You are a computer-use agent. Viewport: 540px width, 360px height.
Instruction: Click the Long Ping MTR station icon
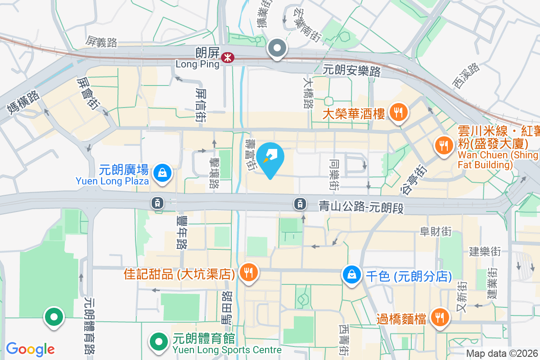[227, 57]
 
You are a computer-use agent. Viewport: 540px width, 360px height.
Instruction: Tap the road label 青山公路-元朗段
[360, 207]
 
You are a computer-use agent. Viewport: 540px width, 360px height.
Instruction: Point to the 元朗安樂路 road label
[352, 71]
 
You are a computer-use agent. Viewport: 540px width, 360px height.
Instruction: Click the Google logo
[30, 349]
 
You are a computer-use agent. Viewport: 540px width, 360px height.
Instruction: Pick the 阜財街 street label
[435, 231]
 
